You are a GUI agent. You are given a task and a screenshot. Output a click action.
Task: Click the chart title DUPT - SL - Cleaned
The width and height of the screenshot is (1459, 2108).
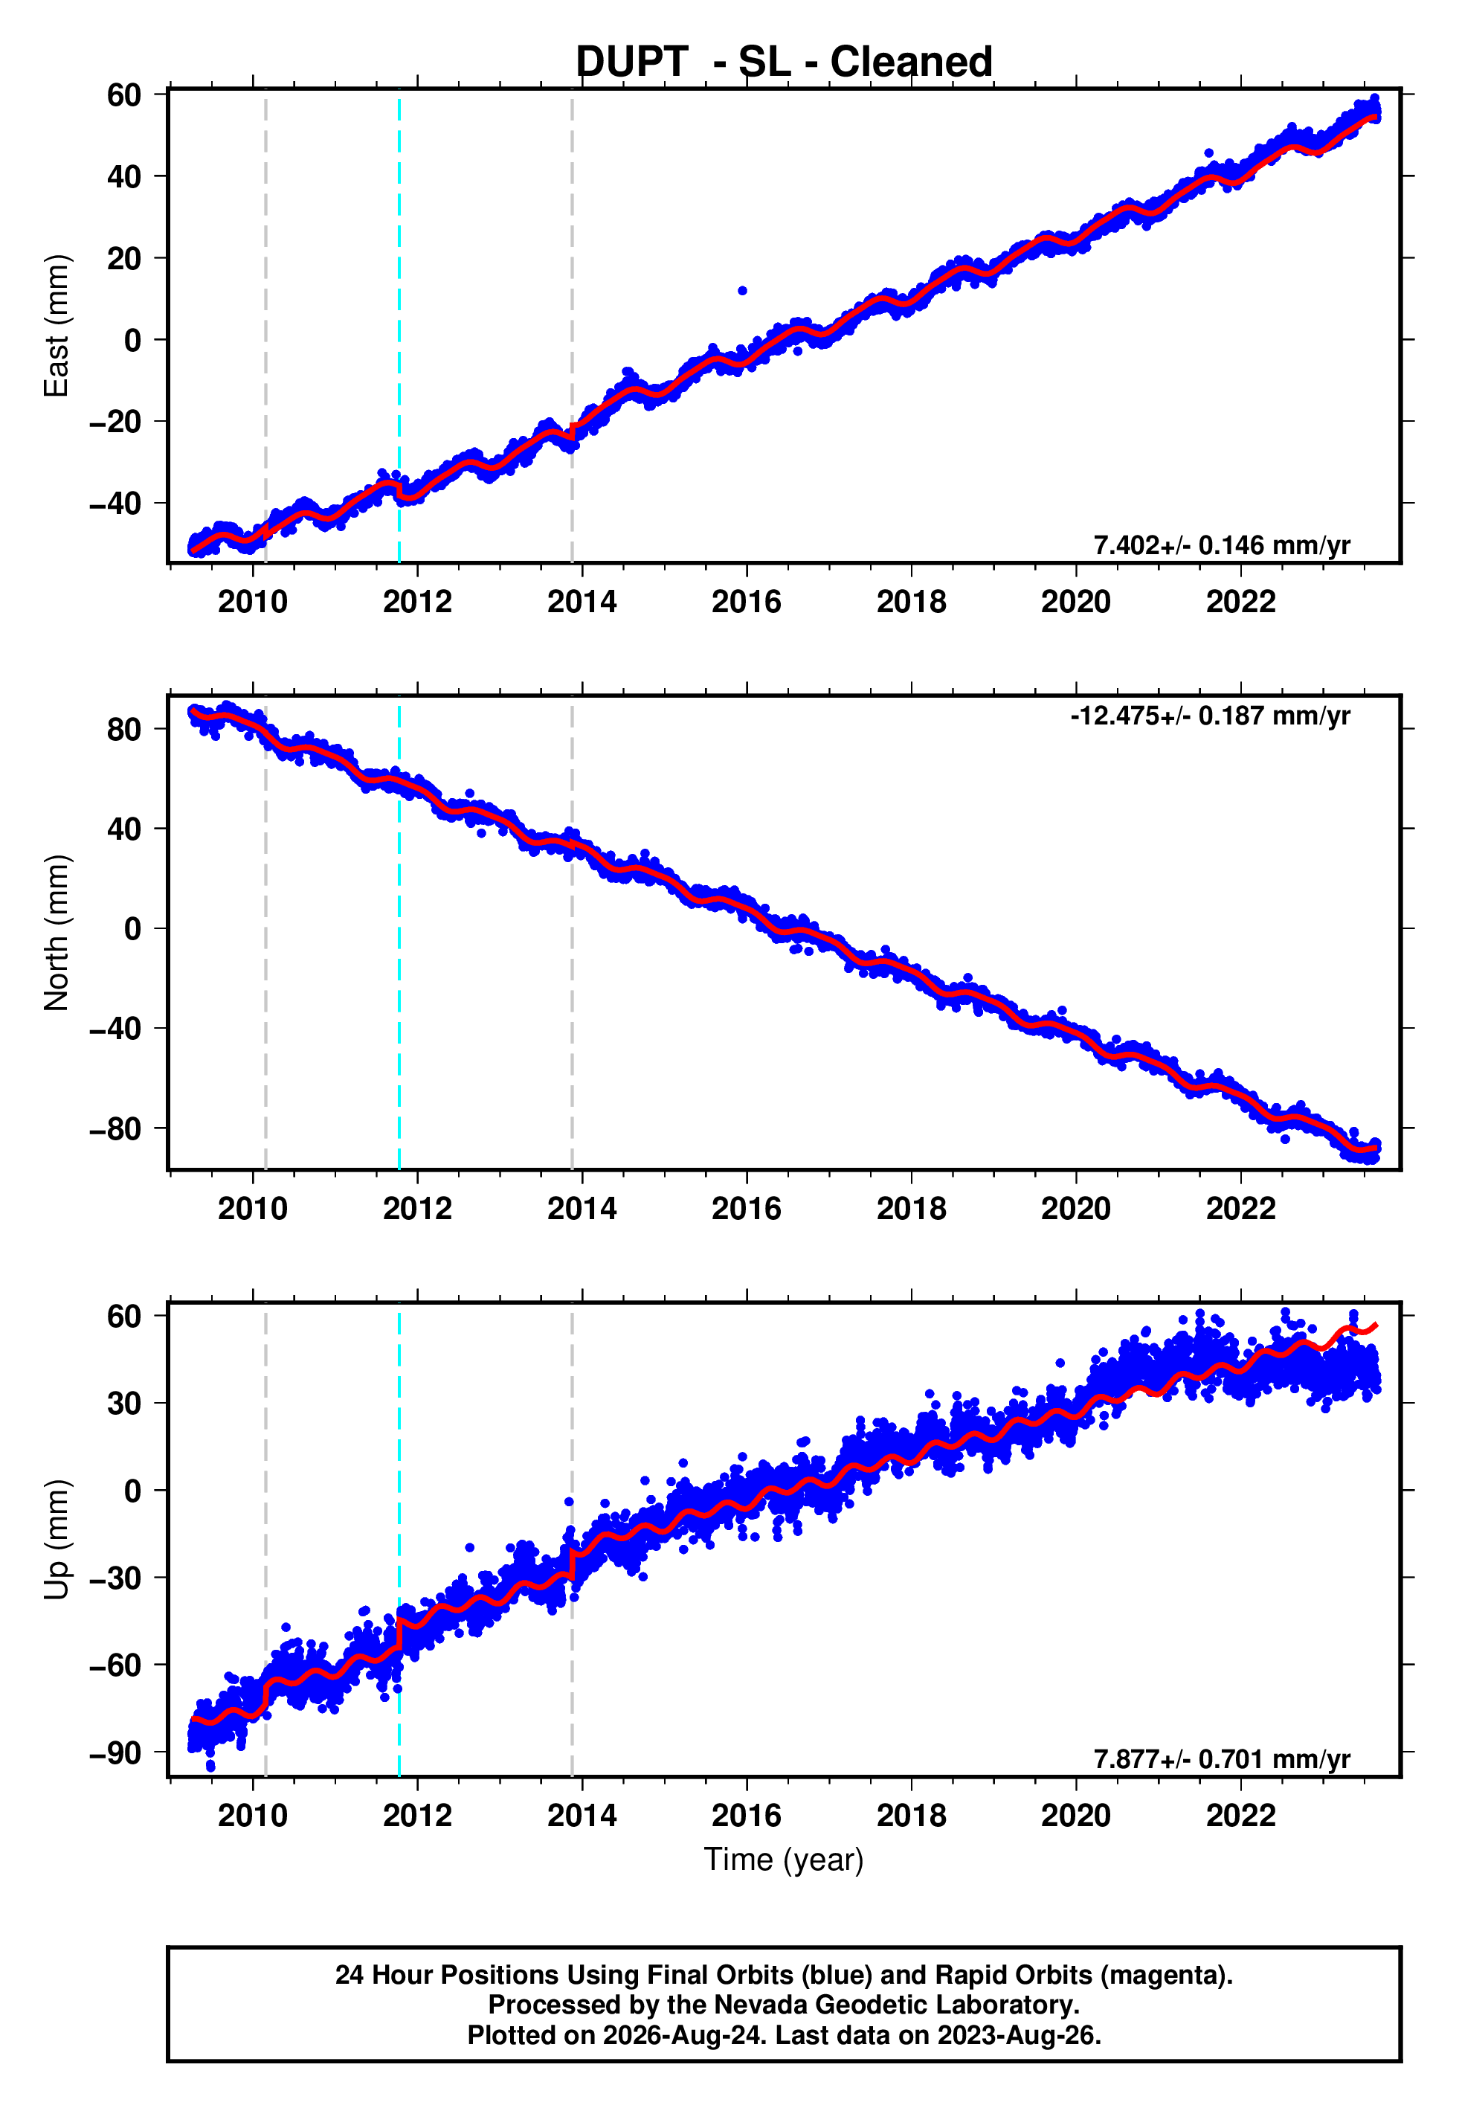[x=784, y=62]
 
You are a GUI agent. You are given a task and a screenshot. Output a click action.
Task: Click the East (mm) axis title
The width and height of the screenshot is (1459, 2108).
[x=57, y=326]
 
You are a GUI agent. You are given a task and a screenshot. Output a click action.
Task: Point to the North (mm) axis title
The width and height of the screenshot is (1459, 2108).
[x=57, y=933]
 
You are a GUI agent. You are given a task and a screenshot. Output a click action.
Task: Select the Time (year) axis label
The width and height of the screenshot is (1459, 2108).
[x=784, y=1860]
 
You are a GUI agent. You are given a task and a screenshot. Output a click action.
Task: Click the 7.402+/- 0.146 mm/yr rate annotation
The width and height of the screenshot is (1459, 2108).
[x=1221, y=546]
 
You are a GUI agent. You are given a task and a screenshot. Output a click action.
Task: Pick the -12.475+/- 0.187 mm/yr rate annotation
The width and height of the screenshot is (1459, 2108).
[x=1209, y=716]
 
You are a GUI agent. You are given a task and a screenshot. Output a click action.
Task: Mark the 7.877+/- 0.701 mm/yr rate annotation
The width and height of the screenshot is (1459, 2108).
[x=1221, y=1759]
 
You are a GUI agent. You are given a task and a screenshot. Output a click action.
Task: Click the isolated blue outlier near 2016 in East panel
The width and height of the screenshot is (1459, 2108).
[x=742, y=291]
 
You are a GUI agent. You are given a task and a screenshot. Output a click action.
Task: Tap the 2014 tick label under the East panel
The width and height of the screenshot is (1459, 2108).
[x=582, y=602]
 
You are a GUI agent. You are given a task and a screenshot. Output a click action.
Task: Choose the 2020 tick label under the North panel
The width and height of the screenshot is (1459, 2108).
[x=1076, y=1209]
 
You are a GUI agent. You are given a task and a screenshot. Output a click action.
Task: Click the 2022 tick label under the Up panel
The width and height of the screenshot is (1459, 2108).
[x=1240, y=1816]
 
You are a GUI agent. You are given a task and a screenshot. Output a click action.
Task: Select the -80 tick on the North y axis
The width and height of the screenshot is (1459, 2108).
[x=115, y=1129]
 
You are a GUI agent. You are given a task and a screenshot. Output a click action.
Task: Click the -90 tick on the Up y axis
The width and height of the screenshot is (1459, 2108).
[x=115, y=1753]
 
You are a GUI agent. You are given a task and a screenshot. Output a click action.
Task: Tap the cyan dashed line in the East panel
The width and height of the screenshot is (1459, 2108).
[x=399, y=327]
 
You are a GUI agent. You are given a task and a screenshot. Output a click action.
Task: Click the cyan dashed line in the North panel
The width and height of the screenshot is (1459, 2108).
[x=399, y=933]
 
